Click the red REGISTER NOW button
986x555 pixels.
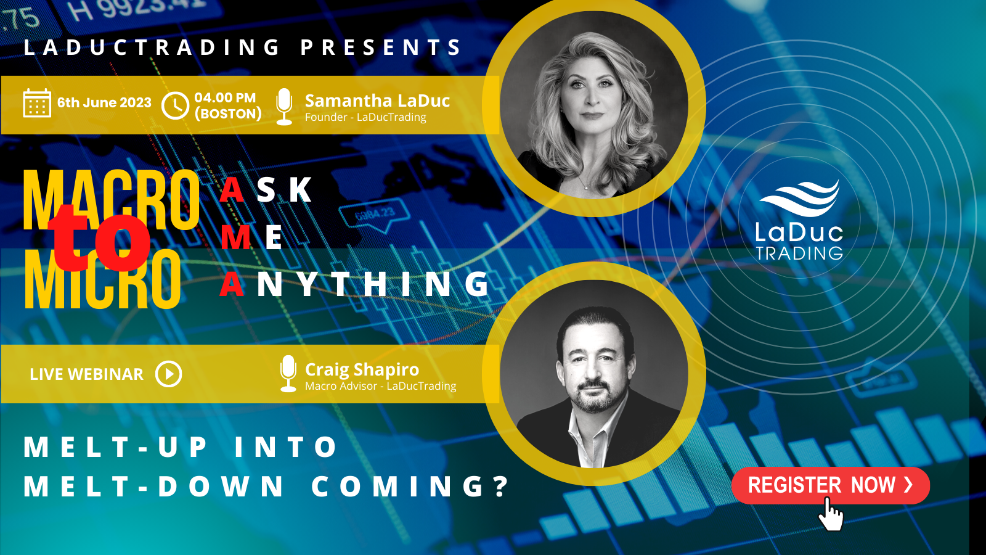tap(831, 485)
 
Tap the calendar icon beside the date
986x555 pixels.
tap(37, 103)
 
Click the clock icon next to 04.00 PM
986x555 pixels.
tap(175, 105)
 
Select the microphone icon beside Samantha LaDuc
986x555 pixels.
tap(284, 107)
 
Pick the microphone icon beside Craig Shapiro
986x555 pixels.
tap(288, 374)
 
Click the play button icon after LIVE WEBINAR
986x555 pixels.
tap(169, 374)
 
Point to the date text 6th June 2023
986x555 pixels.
tap(104, 102)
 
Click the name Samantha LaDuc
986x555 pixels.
tap(377, 101)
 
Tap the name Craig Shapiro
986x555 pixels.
tap(362, 369)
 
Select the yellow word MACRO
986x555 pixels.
tap(112, 200)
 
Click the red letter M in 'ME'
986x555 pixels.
tap(235, 237)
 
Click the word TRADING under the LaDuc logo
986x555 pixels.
tap(799, 253)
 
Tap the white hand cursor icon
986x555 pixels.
tap(831, 514)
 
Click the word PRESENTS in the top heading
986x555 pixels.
tap(381, 47)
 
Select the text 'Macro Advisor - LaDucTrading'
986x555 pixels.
tap(381, 386)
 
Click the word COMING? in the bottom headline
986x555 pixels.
tap(410, 487)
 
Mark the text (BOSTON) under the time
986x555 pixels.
tap(229, 114)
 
